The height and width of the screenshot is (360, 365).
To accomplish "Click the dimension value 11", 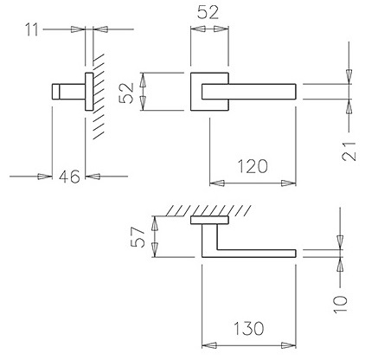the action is (x=32, y=30).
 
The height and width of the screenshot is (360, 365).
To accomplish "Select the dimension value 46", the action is (x=69, y=177).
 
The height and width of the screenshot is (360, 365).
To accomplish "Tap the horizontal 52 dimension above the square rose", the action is (x=208, y=12).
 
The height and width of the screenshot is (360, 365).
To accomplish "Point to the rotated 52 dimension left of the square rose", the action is (x=126, y=93).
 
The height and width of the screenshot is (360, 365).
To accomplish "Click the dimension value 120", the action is (x=253, y=166).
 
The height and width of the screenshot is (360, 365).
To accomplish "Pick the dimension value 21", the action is (x=349, y=151).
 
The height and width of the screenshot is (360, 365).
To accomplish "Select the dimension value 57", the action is (x=138, y=237).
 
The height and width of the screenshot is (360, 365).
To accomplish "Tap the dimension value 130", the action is (x=248, y=329).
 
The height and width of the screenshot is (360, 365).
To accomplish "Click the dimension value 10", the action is (x=341, y=305).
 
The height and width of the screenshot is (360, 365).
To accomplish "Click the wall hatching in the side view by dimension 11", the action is (x=99, y=95).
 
